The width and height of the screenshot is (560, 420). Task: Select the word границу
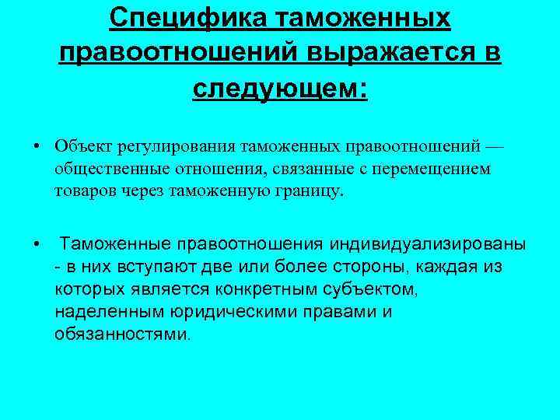coord(310,191)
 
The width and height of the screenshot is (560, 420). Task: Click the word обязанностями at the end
coord(121,334)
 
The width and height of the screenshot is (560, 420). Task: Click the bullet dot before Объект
coord(37,146)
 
